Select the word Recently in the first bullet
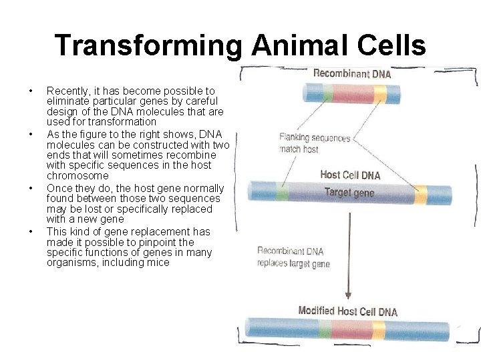(x=65, y=91)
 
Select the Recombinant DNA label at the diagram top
(x=352, y=73)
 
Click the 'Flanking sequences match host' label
(x=314, y=143)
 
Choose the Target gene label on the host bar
(x=349, y=193)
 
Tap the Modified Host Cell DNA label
(x=347, y=311)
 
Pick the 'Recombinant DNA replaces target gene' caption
(x=294, y=257)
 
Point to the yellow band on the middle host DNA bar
(x=420, y=194)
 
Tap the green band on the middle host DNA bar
(x=282, y=193)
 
